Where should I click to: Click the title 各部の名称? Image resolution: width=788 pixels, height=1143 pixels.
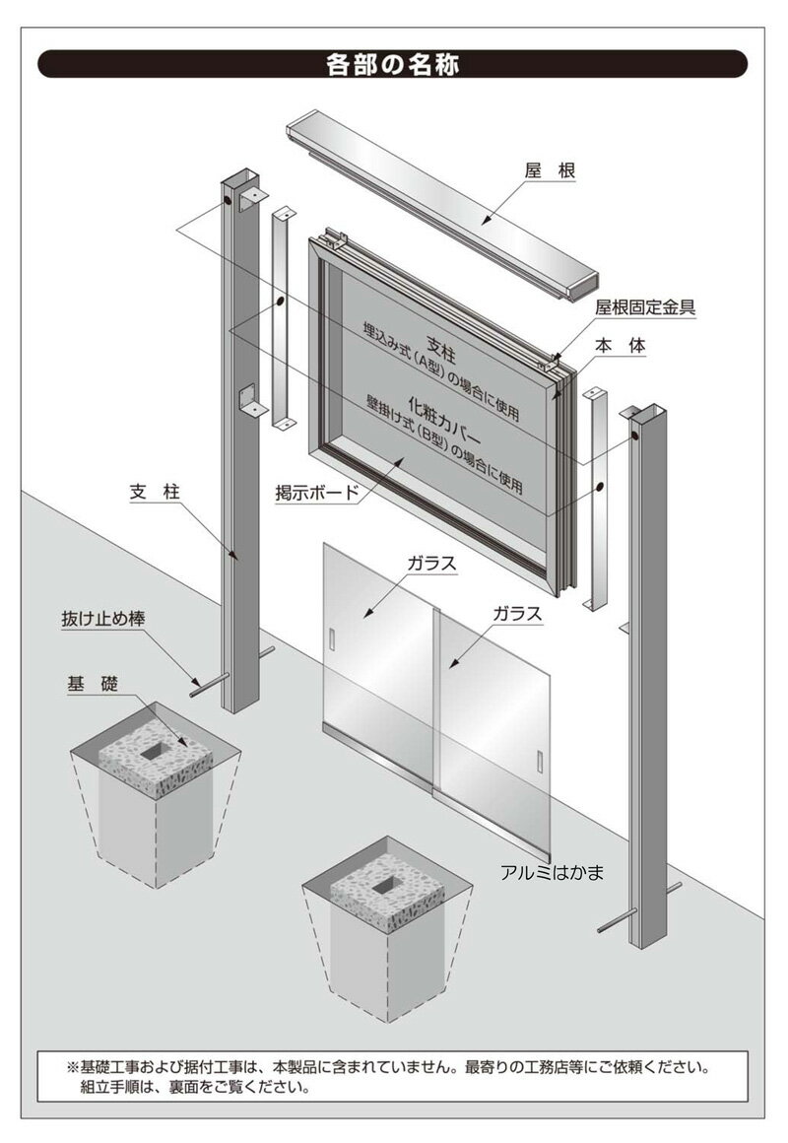tap(392, 64)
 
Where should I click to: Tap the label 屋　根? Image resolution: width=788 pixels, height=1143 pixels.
tap(551, 170)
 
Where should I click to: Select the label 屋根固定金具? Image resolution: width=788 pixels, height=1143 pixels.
tap(645, 307)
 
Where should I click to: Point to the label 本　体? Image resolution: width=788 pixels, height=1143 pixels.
tap(621, 346)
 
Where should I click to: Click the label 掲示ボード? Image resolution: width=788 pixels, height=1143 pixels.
tap(317, 493)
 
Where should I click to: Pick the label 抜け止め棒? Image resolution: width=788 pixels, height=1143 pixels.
tap(103, 619)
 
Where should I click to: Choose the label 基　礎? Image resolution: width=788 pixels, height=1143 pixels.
tap(93, 684)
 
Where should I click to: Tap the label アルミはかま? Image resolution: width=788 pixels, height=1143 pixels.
tap(552, 872)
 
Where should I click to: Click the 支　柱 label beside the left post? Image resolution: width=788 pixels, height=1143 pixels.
tap(155, 492)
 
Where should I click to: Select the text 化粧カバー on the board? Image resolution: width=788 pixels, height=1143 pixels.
tap(444, 423)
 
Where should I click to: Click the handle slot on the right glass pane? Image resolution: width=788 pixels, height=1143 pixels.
tap(540, 761)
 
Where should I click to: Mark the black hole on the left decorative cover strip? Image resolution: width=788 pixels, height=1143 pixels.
tap(280, 302)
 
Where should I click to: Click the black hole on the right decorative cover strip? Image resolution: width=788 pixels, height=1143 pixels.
tap(599, 486)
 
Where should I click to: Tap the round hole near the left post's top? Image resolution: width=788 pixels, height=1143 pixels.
tap(229, 199)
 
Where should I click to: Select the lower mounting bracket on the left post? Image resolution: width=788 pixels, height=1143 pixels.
tap(252, 400)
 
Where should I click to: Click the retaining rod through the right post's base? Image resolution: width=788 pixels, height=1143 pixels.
tap(638, 908)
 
